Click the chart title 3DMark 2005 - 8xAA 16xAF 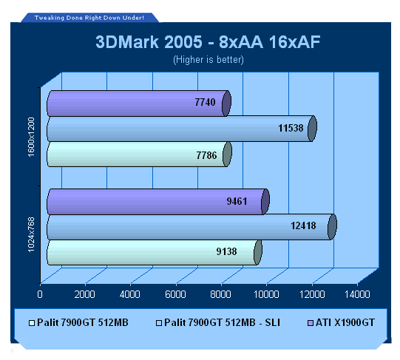(x=208, y=42)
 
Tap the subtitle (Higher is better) (x=209, y=60)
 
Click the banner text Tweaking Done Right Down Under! (x=89, y=18)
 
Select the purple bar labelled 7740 (x=139, y=103)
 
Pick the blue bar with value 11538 (x=182, y=129)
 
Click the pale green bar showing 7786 (x=139, y=154)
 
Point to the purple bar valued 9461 (x=158, y=202)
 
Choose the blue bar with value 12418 (x=191, y=227)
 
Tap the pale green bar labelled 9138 (x=155, y=252)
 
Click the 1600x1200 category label (x=31, y=137)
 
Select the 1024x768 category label (x=31, y=234)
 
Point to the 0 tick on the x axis (x=40, y=294)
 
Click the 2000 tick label (x=85, y=294)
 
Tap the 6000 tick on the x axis (x=175, y=294)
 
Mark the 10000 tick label (x=266, y=294)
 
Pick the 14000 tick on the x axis (x=357, y=294)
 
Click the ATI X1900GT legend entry (x=342, y=323)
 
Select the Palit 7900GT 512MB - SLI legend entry (x=218, y=323)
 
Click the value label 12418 (x=303, y=225)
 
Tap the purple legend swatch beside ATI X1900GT (x=311, y=323)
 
